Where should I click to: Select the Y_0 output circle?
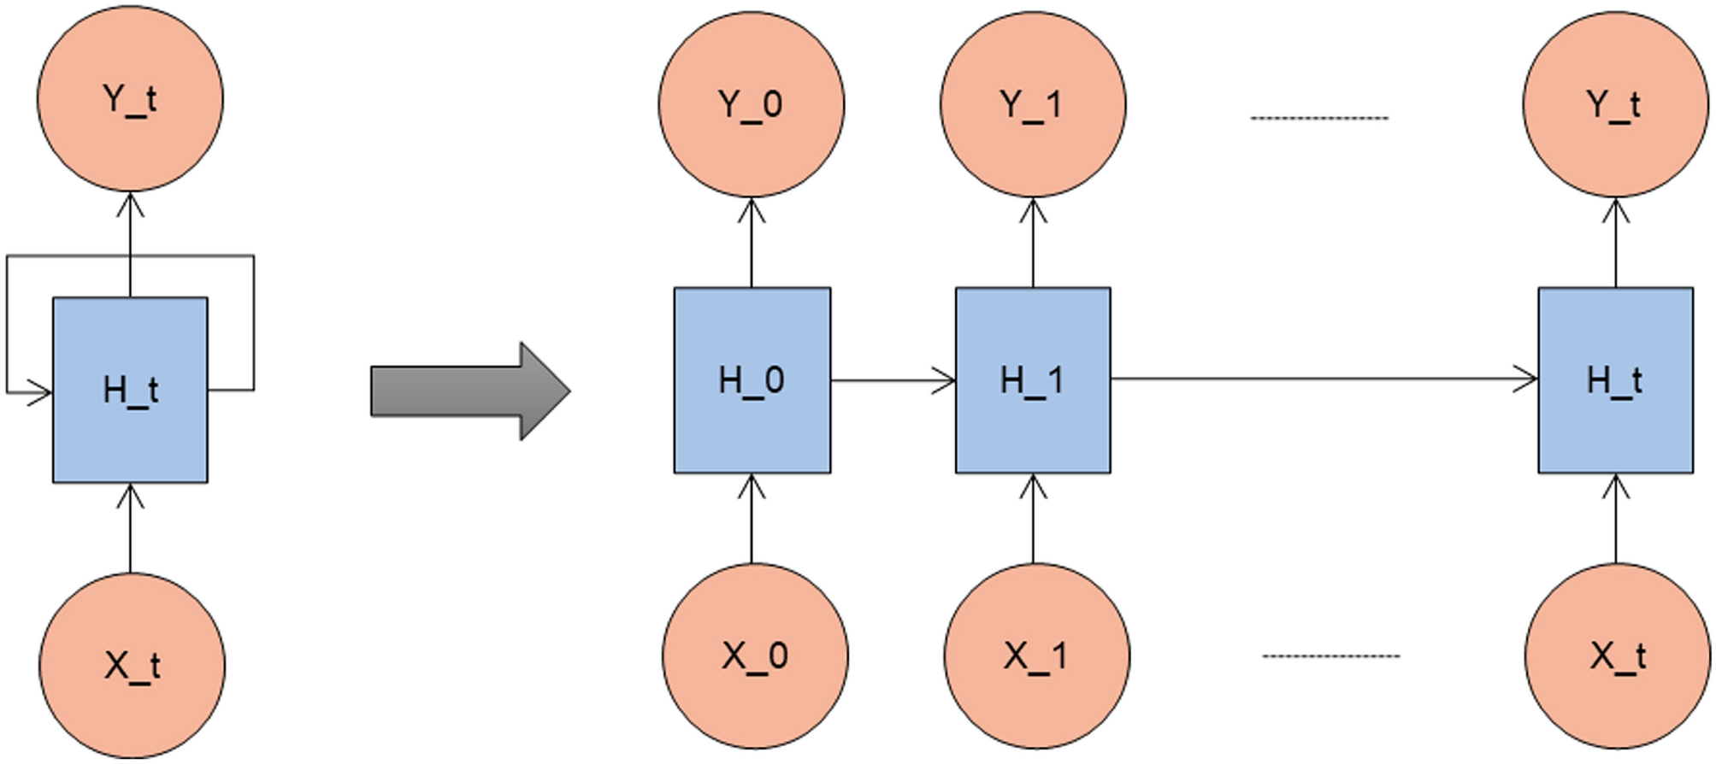(751, 103)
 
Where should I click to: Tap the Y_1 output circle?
(1032, 103)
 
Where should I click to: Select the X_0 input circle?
(755, 655)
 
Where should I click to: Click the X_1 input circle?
(1036, 655)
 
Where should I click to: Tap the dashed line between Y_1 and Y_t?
(1319, 118)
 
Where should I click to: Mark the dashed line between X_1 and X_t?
(1331, 656)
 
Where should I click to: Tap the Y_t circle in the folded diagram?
(130, 97)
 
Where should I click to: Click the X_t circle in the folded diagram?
(132, 665)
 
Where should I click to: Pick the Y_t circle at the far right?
(1614, 103)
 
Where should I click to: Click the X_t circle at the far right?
(1618, 655)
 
